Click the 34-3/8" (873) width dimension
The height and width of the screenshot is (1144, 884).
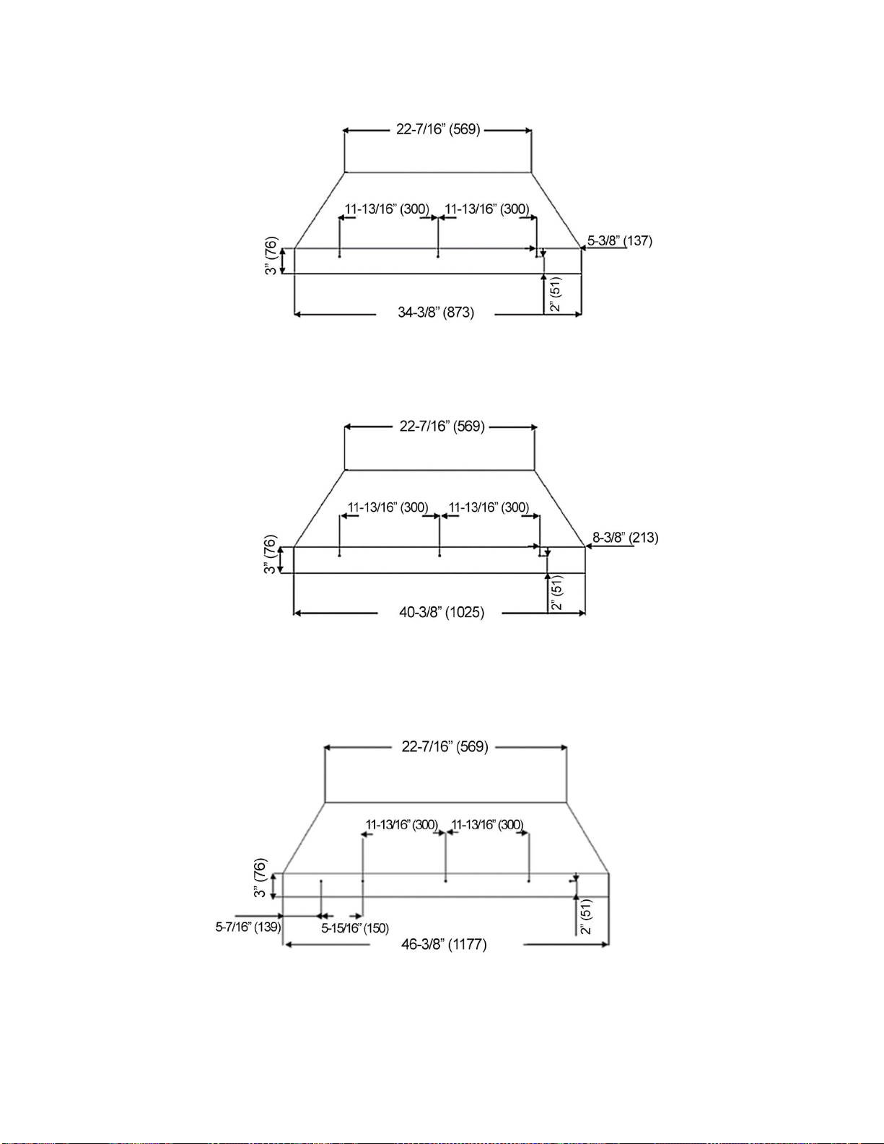point(436,313)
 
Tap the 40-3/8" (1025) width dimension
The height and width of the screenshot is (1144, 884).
point(442,612)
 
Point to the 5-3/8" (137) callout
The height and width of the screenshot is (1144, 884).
point(620,240)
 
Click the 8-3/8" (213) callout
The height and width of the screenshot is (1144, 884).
point(626,538)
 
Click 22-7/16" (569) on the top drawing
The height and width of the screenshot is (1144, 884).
point(438,129)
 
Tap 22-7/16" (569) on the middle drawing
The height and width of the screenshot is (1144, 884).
point(442,426)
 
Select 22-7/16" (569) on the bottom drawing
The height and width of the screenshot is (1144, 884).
point(445,746)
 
